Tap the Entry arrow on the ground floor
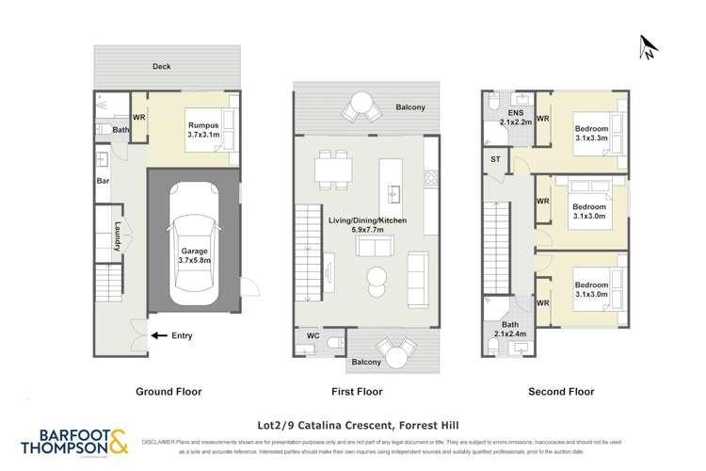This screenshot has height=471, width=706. pos(159,334)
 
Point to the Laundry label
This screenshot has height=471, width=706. pos(118,235)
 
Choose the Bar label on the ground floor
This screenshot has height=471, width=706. pos(103,180)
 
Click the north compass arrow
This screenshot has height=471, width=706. pos(647,46)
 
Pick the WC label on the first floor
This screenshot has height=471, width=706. pos(313,334)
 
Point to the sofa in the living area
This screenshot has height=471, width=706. pos(374,247)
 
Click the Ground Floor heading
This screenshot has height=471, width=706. pos(169,391)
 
